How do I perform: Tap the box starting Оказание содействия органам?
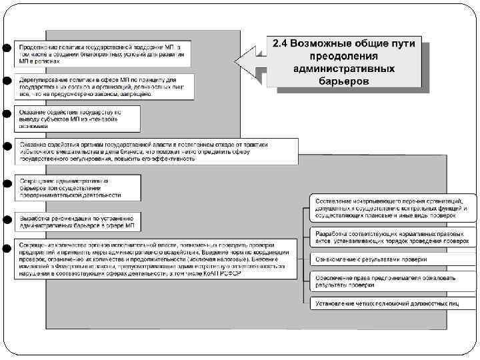click(x=157, y=151)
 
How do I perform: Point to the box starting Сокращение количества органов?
click(x=157, y=263)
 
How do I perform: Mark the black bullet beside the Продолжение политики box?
click(x=5, y=49)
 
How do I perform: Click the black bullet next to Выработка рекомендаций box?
click(x=5, y=218)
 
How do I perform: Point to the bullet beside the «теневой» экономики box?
click(x=5, y=114)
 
